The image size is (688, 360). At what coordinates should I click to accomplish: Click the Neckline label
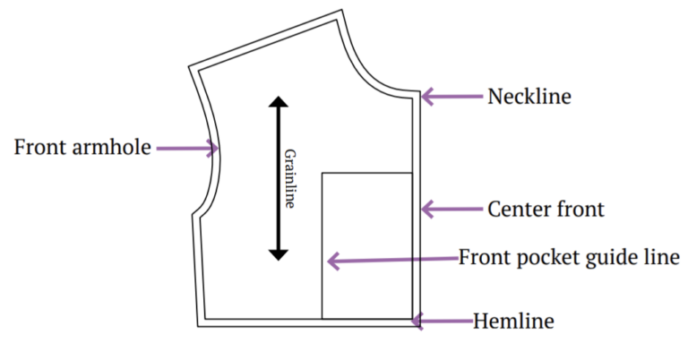(x=529, y=96)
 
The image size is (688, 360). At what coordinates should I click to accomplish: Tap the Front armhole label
(x=82, y=147)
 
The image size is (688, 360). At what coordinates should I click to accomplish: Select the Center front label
(x=546, y=210)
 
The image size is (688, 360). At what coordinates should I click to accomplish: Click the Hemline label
(x=514, y=321)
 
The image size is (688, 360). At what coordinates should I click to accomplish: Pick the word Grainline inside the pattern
(x=289, y=178)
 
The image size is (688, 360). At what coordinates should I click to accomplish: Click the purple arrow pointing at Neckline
(x=451, y=96)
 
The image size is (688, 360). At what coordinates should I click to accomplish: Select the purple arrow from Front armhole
(x=189, y=148)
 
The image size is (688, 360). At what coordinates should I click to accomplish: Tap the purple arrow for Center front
(x=451, y=210)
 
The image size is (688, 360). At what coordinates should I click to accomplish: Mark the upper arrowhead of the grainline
(x=279, y=102)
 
